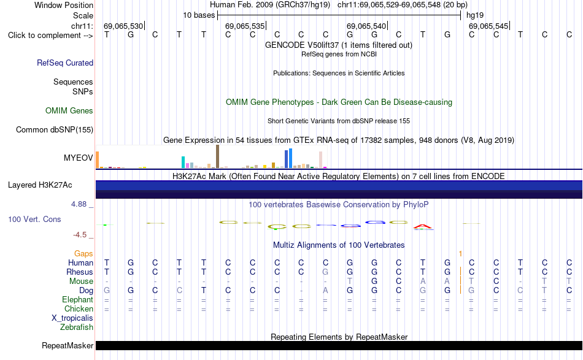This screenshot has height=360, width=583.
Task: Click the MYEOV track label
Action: tap(78, 158)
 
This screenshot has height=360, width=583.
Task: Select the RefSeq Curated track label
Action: tap(64, 63)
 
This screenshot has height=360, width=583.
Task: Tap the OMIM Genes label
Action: tap(69, 111)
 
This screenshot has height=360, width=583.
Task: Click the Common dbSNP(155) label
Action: tap(54, 129)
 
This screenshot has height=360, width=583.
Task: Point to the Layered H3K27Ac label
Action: tap(40, 185)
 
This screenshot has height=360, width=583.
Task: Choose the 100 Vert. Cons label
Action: tap(34, 219)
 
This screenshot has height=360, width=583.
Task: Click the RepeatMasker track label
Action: tap(68, 345)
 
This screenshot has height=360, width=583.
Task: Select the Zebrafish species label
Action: tap(76, 327)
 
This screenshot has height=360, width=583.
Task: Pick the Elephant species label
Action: tap(77, 299)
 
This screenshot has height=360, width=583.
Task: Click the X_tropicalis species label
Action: tap(72, 318)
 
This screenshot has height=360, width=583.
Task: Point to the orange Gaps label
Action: tap(83, 253)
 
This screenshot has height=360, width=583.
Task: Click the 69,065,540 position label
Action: tap(366, 26)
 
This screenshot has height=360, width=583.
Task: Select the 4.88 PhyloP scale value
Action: tap(79, 204)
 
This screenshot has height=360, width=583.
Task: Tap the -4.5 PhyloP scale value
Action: tap(80, 235)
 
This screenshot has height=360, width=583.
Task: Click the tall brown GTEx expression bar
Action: tap(217, 156)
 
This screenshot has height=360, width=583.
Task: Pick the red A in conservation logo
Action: tap(423, 226)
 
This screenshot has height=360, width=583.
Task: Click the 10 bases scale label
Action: tap(199, 15)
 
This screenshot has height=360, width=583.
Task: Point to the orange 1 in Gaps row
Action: tap(460, 253)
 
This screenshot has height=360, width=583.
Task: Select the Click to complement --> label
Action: tap(50, 36)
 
